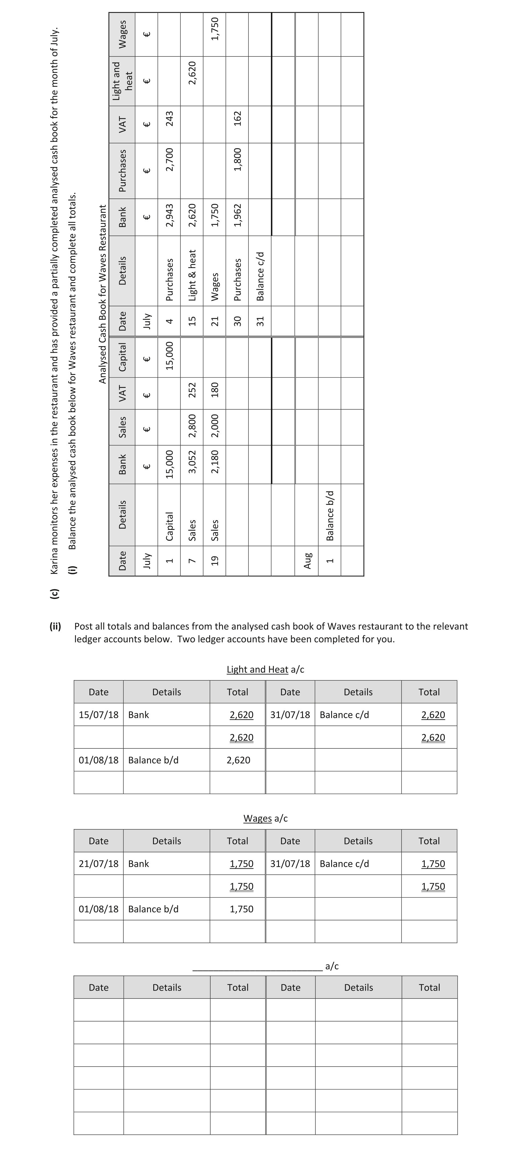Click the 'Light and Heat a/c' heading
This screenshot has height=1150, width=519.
[x=265, y=669]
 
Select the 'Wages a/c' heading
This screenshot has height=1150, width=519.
[x=265, y=818]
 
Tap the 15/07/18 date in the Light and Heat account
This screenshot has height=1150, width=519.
[x=98, y=715]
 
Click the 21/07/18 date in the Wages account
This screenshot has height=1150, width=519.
[x=98, y=864]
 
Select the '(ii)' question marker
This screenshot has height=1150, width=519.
[x=55, y=626]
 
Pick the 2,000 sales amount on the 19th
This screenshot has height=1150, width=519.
[x=215, y=427]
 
